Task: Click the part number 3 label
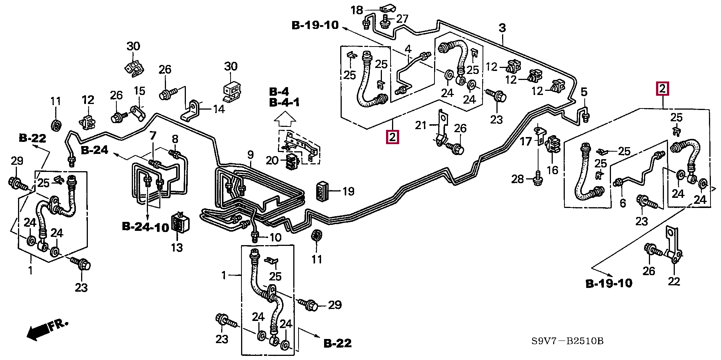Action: (502, 28)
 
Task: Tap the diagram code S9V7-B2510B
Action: (567, 341)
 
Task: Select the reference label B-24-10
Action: (146, 227)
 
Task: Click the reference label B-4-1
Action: (284, 102)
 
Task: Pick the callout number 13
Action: (177, 248)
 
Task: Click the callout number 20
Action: (272, 161)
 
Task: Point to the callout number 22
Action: (674, 281)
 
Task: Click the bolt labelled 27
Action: (385, 23)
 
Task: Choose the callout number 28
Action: (517, 179)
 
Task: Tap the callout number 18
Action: (357, 10)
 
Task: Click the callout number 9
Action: (250, 155)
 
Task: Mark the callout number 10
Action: (275, 237)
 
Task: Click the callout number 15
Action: (139, 91)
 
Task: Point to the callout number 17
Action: (526, 141)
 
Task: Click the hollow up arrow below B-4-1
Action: (285, 120)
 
